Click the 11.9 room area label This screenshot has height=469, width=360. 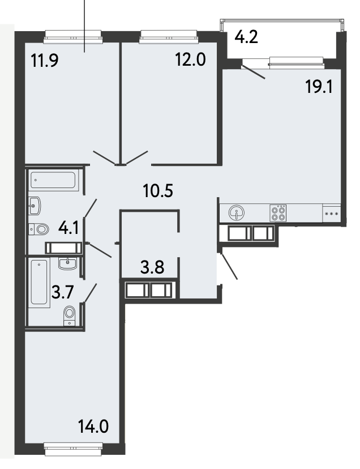[x=45, y=61]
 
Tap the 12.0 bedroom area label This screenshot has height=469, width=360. [x=190, y=59]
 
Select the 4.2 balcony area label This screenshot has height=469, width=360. [x=246, y=37]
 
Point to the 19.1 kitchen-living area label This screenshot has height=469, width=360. [x=319, y=87]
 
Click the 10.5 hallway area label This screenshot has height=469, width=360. [x=158, y=191]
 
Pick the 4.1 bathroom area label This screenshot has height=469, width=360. [x=68, y=229]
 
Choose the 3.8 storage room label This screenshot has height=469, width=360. [x=152, y=267]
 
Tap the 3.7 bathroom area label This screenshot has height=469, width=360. [x=62, y=292]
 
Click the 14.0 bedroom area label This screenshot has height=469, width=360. [x=93, y=426]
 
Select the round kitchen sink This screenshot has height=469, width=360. [x=236, y=213]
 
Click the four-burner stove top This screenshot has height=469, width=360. [x=278, y=213]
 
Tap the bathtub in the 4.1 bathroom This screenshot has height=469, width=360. [x=53, y=180]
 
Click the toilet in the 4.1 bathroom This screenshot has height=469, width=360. [x=39, y=229]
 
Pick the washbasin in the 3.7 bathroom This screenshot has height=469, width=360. [x=67, y=263]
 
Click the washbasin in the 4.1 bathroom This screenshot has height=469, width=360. [x=35, y=206]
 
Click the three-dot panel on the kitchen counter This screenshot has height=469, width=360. [x=332, y=214]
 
